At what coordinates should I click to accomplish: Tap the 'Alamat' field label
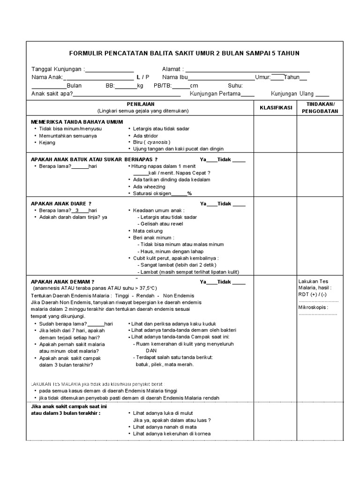coord(172,69)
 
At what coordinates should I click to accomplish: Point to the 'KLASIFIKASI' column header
coord(276,107)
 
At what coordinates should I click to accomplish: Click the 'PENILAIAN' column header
coord(141,104)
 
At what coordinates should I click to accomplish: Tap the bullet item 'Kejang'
coord(47,142)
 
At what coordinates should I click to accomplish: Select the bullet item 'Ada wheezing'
coord(149,187)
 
